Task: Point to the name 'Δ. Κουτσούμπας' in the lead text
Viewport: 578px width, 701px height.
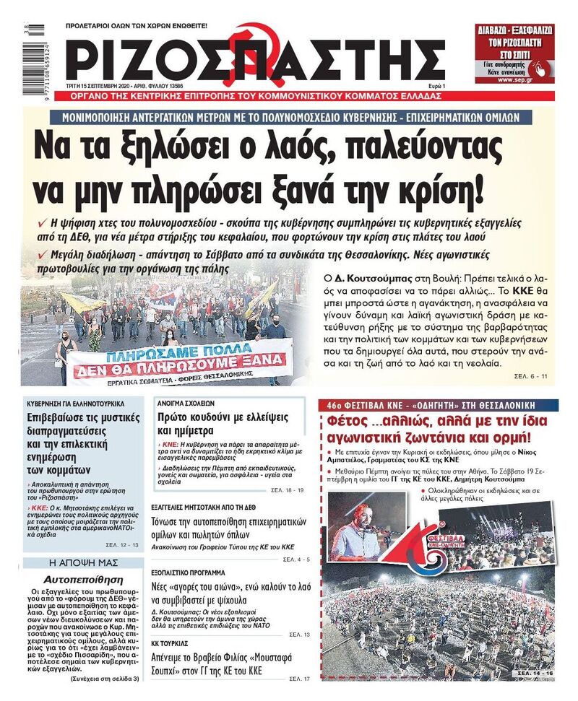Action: click(x=363, y=277)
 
